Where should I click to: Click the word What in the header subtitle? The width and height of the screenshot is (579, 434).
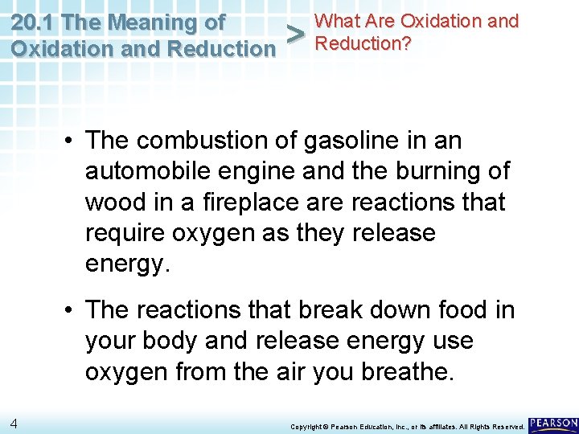point(338,21)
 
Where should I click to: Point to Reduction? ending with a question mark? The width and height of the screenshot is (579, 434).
point(363,43)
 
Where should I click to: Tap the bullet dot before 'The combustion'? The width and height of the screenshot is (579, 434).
point(72,141)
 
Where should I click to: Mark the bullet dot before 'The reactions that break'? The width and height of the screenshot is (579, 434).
point(72,310)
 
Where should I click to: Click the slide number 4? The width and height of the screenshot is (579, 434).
point(14,423)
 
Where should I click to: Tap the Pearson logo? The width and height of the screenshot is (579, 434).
point(553,424)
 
